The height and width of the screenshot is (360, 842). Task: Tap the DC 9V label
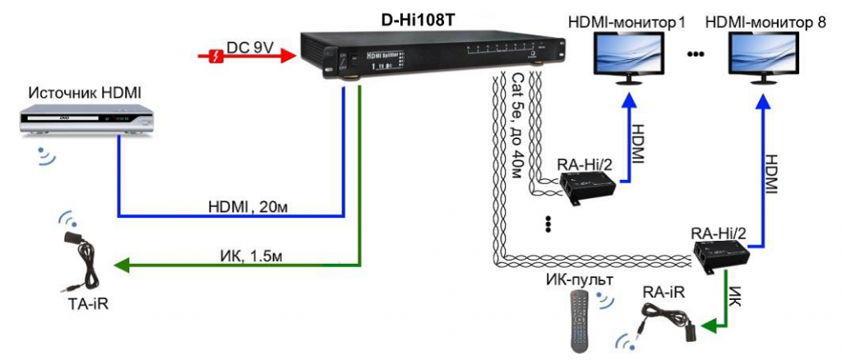pyautogui.click(x=252, y=47)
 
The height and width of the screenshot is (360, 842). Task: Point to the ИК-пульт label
pyautogui.click(x=576, y=278)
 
